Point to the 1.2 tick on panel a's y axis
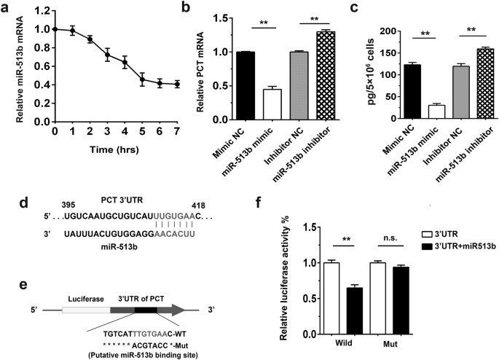pyautogui.click(x=36, y=12)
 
